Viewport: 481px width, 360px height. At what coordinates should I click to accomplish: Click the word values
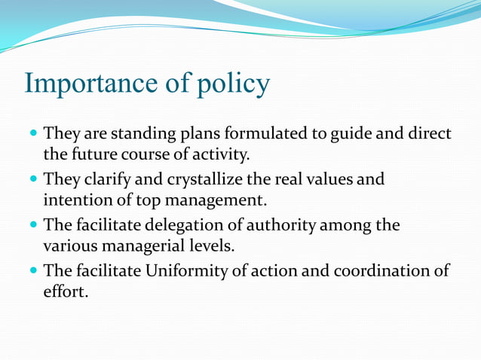[324, 180]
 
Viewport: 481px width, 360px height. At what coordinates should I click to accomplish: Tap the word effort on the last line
[65, 291]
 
